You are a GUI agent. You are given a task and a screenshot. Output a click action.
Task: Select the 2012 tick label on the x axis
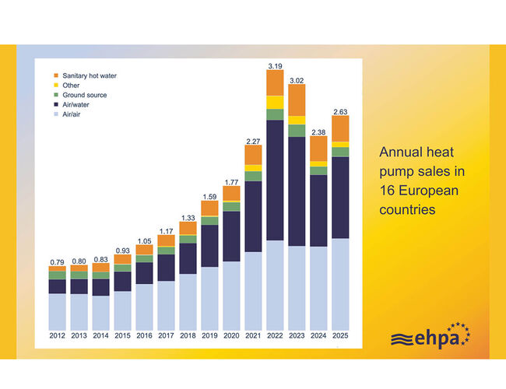coord(57,336)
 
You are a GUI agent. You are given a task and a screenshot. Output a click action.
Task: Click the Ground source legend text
coord(86,95)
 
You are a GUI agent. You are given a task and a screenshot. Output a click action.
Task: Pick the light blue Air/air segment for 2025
coord(340,283)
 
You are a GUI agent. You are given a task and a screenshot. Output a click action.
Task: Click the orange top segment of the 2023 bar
coord(297,100)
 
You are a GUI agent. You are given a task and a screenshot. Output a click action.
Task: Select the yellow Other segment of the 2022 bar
coord(275,102)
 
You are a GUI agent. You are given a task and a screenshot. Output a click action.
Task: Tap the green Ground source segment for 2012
coord(57,275)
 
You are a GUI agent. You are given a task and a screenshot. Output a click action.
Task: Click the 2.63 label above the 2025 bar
coord(340,110)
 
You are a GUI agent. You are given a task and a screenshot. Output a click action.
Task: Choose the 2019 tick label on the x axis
coord(209,336)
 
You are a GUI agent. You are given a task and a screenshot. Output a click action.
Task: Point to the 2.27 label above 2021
coord(253,141)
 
